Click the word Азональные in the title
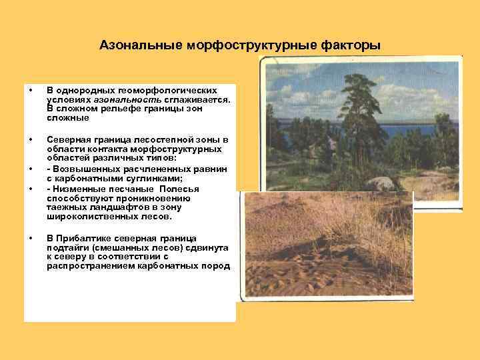[131, 46]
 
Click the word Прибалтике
[85, 238]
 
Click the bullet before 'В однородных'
[30, 89]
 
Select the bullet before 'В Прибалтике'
[30, 238]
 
